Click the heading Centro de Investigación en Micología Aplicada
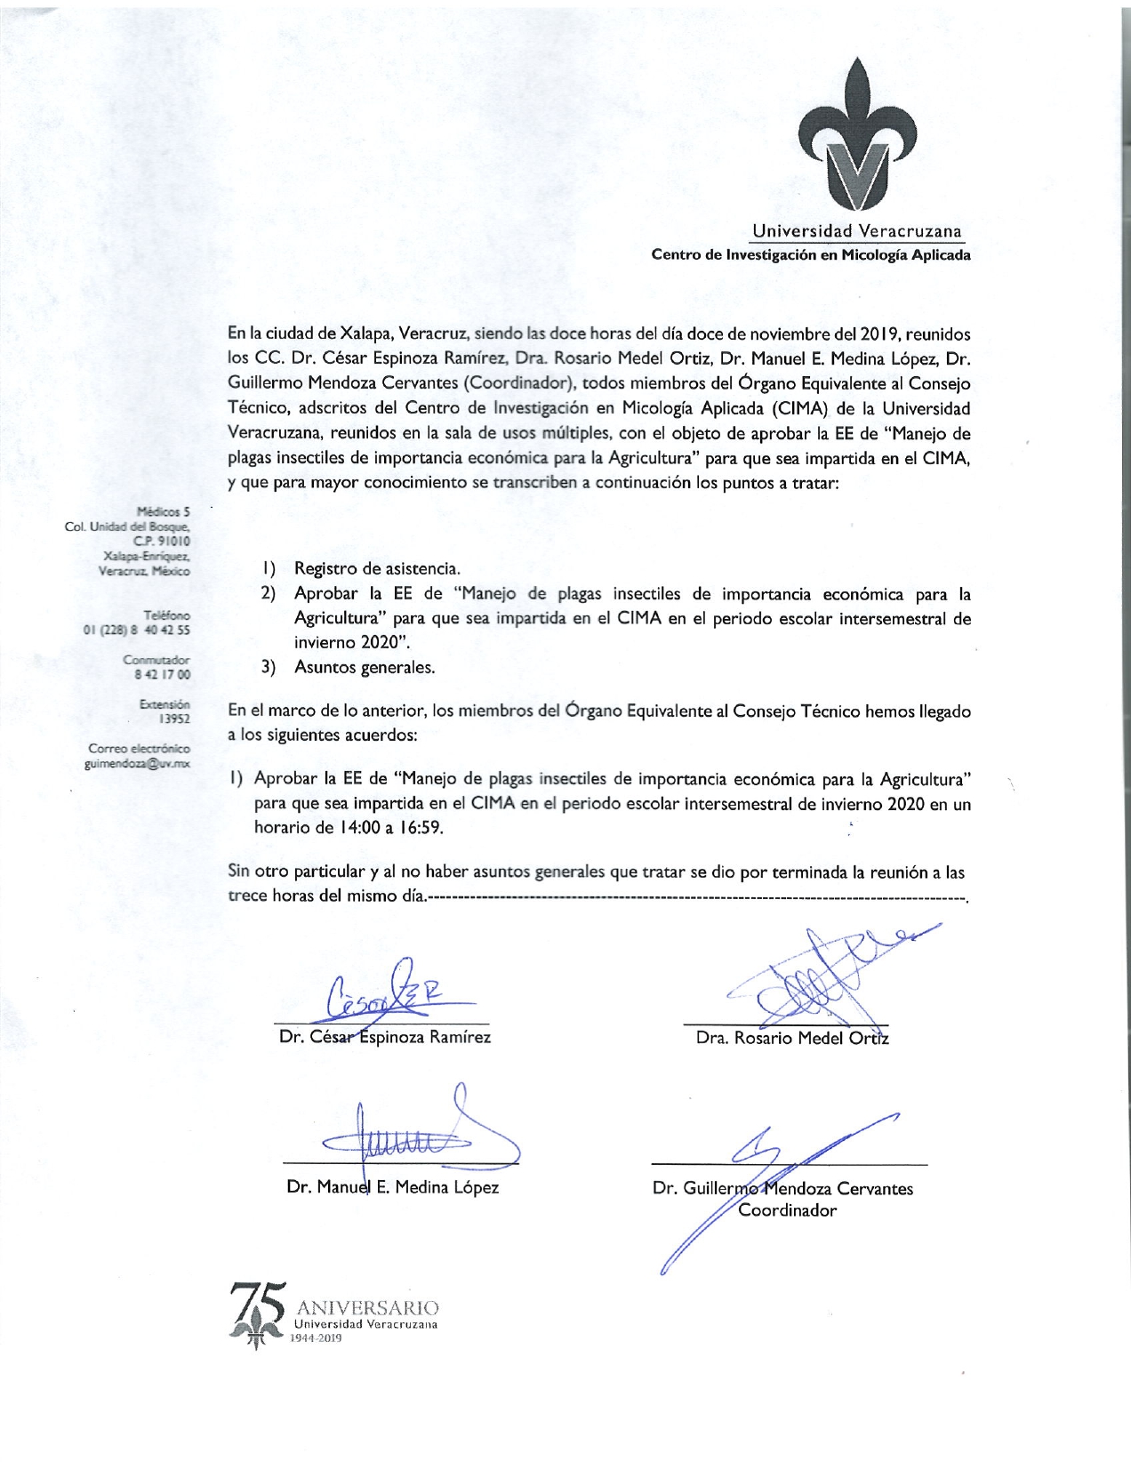810,255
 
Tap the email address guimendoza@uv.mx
137,763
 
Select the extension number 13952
173,719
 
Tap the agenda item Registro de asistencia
377,568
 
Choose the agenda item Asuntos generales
365,667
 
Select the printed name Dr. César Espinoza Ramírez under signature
384,1037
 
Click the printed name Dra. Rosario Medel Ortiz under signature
791,1038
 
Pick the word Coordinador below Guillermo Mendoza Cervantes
787,1210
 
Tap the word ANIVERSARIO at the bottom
367,1308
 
